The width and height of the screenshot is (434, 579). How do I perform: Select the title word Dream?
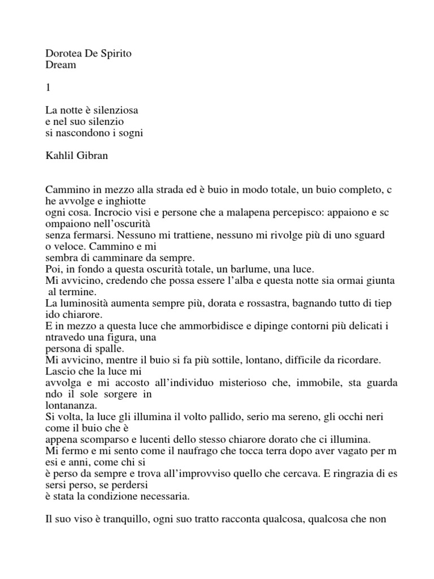60,65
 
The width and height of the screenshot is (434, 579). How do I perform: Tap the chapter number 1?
47,88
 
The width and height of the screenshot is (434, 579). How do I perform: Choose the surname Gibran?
91,156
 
